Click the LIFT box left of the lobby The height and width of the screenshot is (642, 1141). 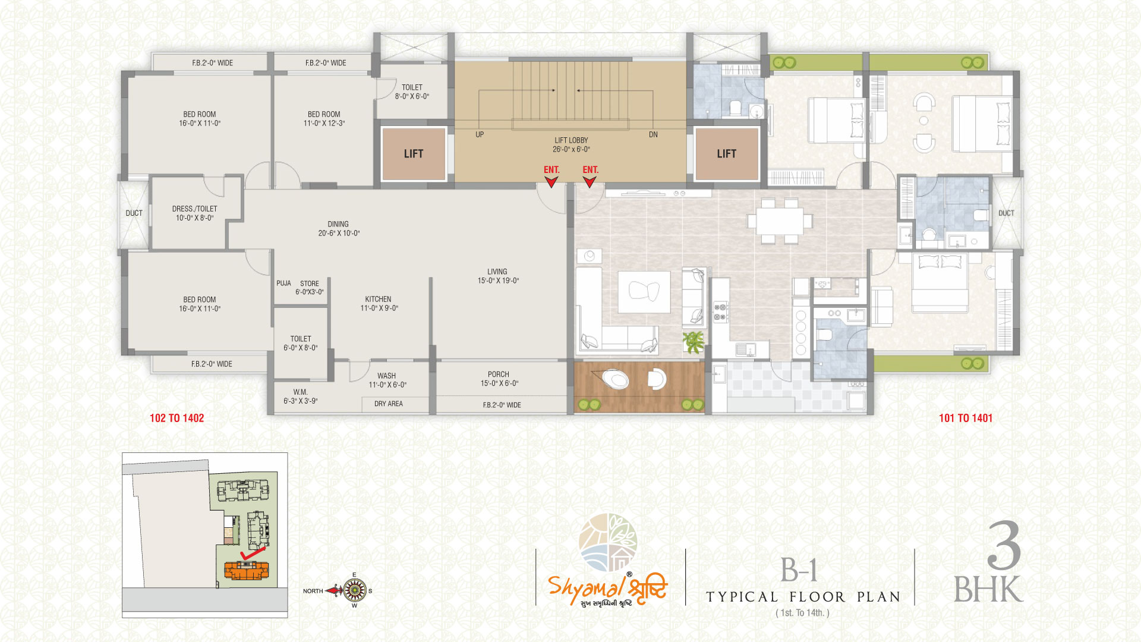coord(414,154)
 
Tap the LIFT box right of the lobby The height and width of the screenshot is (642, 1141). coord(726,154)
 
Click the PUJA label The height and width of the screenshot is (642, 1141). coord(283,284)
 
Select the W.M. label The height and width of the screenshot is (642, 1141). coord(300,392)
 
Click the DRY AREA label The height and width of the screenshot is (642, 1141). coord(389,404)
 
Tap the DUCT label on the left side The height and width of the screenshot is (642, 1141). coord(134,213)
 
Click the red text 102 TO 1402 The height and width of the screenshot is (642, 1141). coord(176,418)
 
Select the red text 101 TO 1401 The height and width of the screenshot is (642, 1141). coord(966,418)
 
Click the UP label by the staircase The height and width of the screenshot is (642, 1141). coord(480,135)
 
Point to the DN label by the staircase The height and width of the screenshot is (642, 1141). coord(653,135)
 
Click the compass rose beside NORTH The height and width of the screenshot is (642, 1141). coord(355,590)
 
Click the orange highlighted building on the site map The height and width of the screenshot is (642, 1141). coord(247,571)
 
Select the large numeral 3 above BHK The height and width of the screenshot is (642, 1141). coord(1004,545)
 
